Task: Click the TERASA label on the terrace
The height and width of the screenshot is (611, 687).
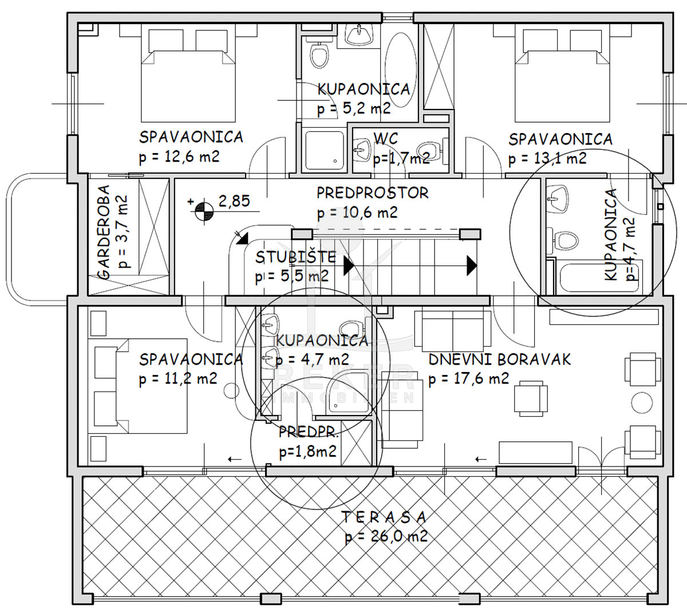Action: pos(384,517)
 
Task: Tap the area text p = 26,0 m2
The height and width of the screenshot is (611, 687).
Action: pos(386,537)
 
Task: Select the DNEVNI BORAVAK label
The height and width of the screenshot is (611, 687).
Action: pos(500,359)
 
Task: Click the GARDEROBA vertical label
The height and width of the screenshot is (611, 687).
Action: pos(104,232)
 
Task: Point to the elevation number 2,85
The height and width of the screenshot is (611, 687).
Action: pos(234,201)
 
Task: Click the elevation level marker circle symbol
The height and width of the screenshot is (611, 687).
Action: pos(204,211)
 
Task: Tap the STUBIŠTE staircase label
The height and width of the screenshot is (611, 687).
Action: pos(295,257)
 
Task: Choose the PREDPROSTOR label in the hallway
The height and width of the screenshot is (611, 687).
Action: pos(373,193)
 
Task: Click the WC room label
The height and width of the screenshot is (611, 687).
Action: pos(386,139)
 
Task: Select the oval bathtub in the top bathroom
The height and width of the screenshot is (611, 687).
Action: pos(400,70)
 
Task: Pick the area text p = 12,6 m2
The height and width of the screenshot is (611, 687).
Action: pos(179,157)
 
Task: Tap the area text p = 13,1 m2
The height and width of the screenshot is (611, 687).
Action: pos(547,159)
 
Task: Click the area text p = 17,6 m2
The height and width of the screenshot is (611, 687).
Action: pos(469,378)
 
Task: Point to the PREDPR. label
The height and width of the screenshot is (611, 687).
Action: pos(308,432)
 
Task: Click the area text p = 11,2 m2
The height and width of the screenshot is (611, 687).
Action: pos(178,378)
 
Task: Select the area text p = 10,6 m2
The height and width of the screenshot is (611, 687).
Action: pos(357,213)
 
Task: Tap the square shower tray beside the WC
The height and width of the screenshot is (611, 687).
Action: pos(324,151)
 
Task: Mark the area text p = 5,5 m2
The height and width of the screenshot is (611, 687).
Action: pos(292,276)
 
